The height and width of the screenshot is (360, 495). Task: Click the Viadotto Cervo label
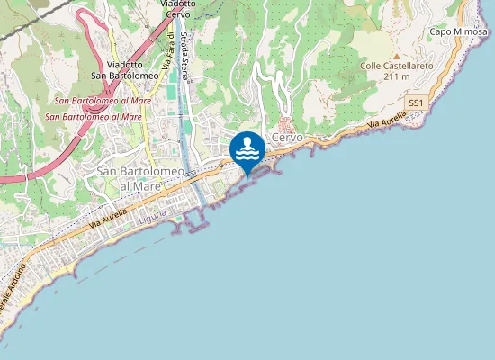click(x=177, y=9)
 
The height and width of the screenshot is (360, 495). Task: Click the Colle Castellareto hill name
click(x=396, y=66)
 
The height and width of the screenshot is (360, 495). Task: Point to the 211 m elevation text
click(x=396, y=76)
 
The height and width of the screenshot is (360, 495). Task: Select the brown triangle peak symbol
click(x=396, y=55)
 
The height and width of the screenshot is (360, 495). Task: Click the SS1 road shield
click(x=415, y=103)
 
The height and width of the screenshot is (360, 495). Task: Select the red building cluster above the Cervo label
click(x=286, y=123)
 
